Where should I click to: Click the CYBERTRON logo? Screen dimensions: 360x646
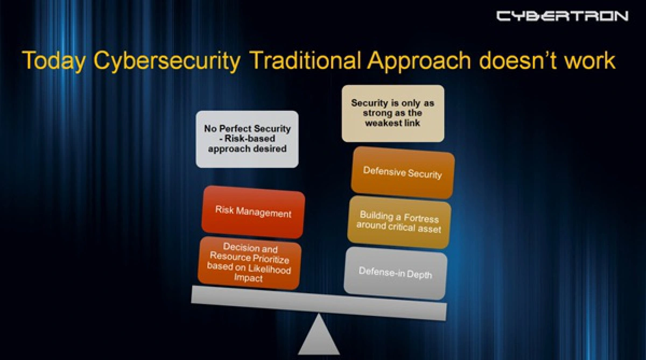point(562,16)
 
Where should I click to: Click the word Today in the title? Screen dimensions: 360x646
point(53,61)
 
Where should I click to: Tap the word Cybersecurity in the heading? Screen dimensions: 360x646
point(167,61)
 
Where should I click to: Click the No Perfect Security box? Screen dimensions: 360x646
point(247,138)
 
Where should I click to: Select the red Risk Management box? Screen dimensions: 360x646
point(253,211)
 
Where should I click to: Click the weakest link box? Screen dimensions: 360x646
point(393,113)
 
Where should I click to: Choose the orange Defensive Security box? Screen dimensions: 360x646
point(403,173)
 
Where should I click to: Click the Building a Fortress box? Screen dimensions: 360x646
point(399,222)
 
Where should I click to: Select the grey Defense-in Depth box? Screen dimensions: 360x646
point(395,273)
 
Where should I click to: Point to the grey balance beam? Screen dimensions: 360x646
point(319,302)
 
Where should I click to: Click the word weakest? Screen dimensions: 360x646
point(384,123)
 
